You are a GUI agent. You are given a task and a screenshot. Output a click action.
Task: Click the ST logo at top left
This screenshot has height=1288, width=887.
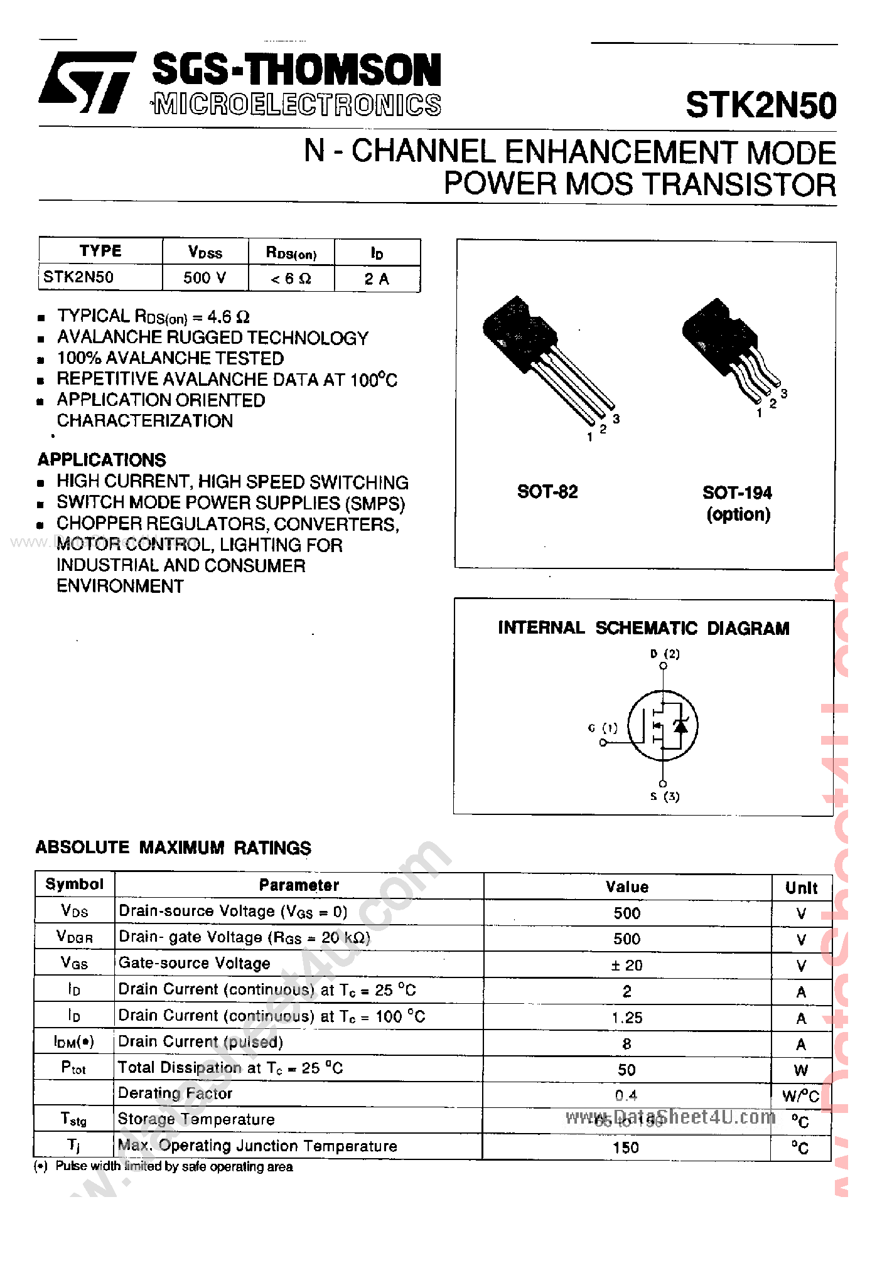click(x=87, y=82)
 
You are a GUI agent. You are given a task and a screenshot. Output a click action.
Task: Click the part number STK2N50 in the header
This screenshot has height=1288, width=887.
click(x=760, y=105)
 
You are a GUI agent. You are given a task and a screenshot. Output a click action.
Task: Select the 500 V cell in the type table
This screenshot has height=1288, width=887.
click(x=205, y=277)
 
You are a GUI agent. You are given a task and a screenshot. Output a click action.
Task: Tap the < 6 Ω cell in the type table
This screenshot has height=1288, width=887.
click(x=291, y=279)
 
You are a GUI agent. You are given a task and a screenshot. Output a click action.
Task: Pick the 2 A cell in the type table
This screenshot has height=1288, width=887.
click(x=377, y=279)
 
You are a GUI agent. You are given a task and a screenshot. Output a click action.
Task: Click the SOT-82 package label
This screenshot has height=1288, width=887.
click(x=547, y=492)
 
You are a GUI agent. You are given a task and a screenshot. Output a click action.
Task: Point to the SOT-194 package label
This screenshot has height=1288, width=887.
click(x=737, y=493)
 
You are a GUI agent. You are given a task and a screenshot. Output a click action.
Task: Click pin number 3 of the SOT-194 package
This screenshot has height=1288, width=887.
click(x=784, y=394)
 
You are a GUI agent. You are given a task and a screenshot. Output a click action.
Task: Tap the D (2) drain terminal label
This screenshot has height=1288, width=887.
click(x=665, y=654)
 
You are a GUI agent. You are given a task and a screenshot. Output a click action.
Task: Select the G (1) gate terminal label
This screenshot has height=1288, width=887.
click(x=603, y=728)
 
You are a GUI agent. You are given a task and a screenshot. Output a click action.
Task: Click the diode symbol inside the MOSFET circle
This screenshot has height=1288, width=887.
click(x=680, y=726)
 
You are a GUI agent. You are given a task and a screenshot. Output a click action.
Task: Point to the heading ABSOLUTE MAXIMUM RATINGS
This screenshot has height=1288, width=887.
click(x=173, y=848)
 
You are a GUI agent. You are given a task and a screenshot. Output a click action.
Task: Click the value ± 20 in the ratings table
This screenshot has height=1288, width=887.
click(x=626, y=966)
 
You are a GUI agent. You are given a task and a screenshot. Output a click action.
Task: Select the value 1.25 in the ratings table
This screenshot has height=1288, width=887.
click(x=626, y=1018)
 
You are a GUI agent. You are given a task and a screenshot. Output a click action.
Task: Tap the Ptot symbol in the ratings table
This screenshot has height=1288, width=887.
click(x=73, y=1067)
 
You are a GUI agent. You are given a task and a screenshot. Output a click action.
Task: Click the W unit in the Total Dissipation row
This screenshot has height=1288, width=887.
click(x=800, y=1070)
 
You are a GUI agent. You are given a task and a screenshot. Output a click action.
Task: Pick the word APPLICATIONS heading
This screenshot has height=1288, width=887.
click(x=102, y=460)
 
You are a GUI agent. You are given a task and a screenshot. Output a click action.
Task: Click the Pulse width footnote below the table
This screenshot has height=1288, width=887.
click(x=173, y=1166)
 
